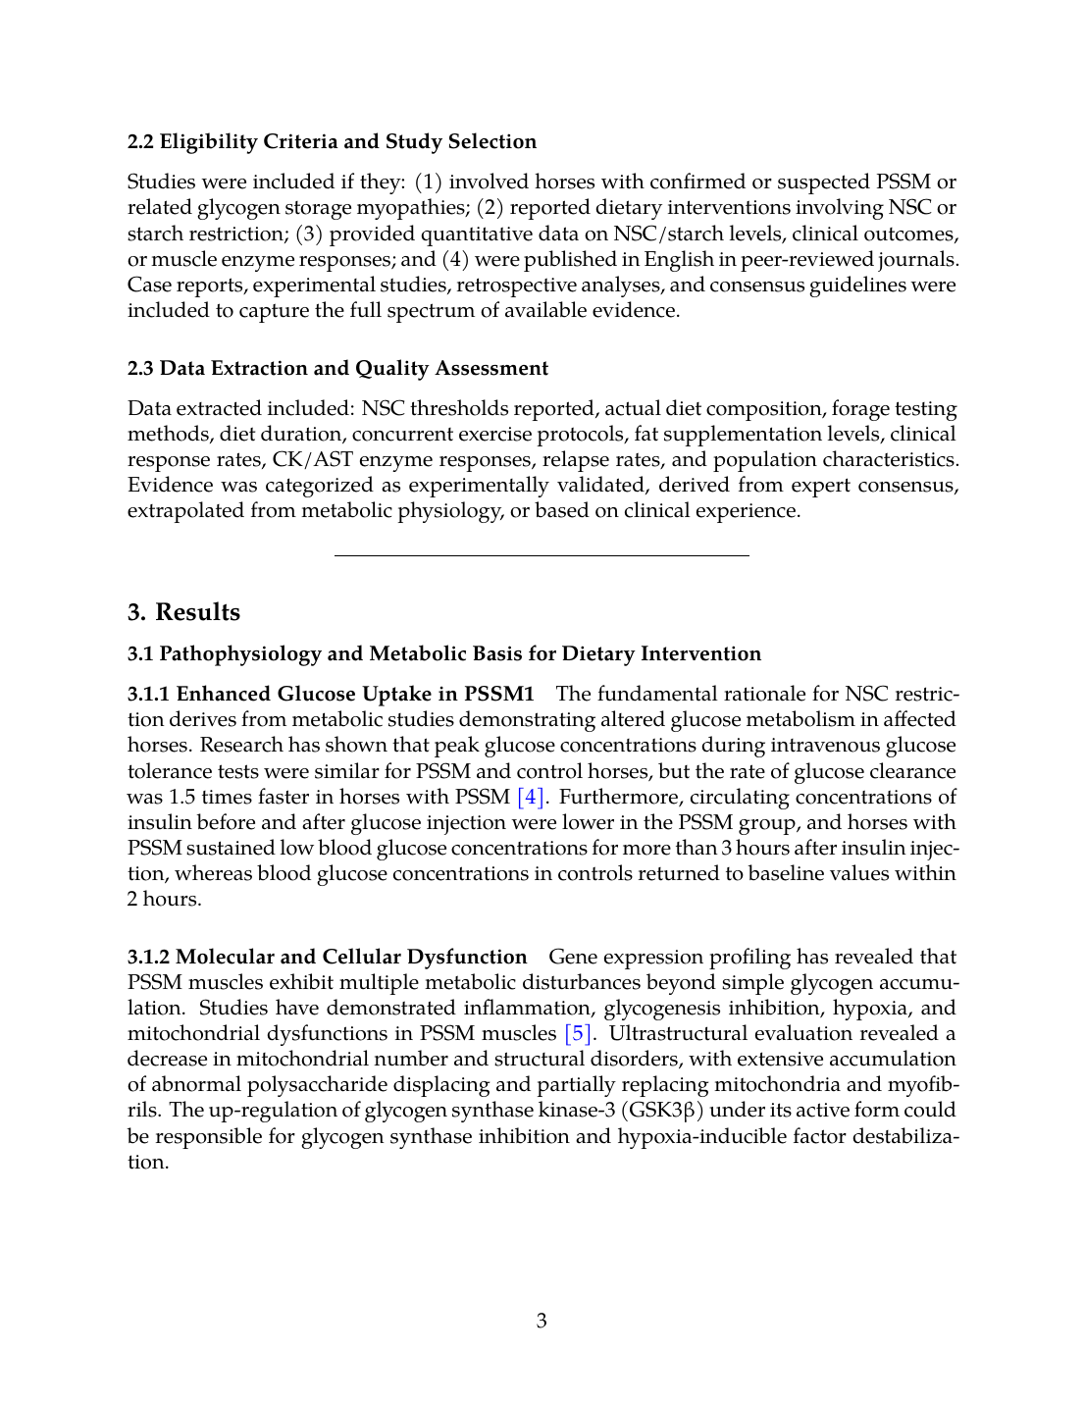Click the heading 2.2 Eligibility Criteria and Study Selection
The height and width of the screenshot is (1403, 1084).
pyautogui.click(x=332, y=141)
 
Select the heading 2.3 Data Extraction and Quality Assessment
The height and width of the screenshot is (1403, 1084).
pyautogui.click(x=337, y=368)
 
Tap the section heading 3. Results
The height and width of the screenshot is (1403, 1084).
pyautogui.click(x=183, y=612)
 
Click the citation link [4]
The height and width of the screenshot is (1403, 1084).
pyautogui.click(x=530, y=797)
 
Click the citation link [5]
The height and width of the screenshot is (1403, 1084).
pyautogui.click(x=578, y=1033)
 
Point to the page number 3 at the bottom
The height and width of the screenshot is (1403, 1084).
pyautogui.click(x=542, y=1321)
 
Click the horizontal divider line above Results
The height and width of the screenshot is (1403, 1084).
pyautogui.click(x=542, y=556)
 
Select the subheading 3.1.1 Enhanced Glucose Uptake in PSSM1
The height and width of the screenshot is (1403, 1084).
pyautogui.click(x=331, y=694)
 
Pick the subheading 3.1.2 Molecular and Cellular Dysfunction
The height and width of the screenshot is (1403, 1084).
pyautogui.click(x=327, y=957)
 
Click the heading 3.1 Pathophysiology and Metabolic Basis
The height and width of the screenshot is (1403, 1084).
pyautogui.click(x=444, y=653)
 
